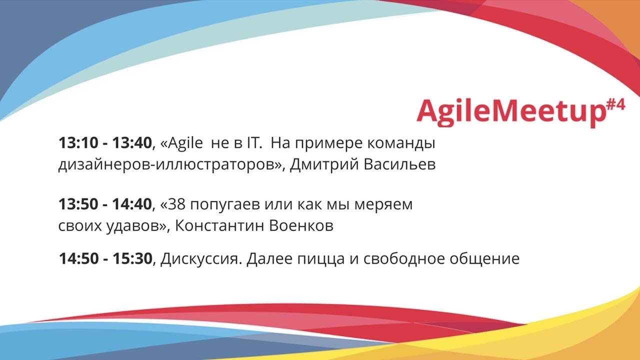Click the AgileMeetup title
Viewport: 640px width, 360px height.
tap(511, 112)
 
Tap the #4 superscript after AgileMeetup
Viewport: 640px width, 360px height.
tap(615, 105)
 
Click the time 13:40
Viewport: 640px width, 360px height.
tap(131, 143)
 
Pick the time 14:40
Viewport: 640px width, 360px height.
tap(131, 204)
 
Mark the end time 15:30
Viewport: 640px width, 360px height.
tap(132, 259)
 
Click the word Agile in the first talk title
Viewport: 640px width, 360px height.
tap(185, 143)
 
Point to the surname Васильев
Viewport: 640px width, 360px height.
tap(399, 164)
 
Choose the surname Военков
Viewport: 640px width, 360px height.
tap(301, 225)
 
